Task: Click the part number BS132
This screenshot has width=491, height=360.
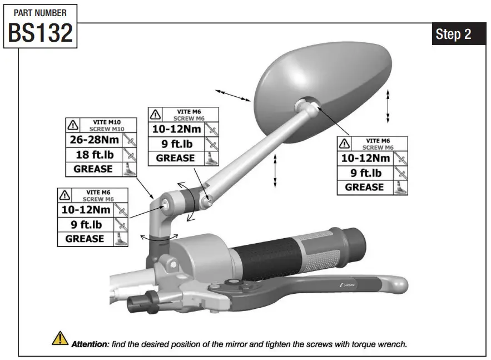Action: (x=40, y=33)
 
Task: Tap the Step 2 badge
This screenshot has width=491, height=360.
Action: (x=453, y=34)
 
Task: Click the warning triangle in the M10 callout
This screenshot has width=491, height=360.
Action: (x=73, y=125)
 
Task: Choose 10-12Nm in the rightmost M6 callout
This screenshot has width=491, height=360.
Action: (x=364, y=158)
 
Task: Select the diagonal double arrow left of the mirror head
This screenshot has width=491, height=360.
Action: (x=232, y=95)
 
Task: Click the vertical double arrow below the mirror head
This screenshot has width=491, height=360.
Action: (x=275, y=171)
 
